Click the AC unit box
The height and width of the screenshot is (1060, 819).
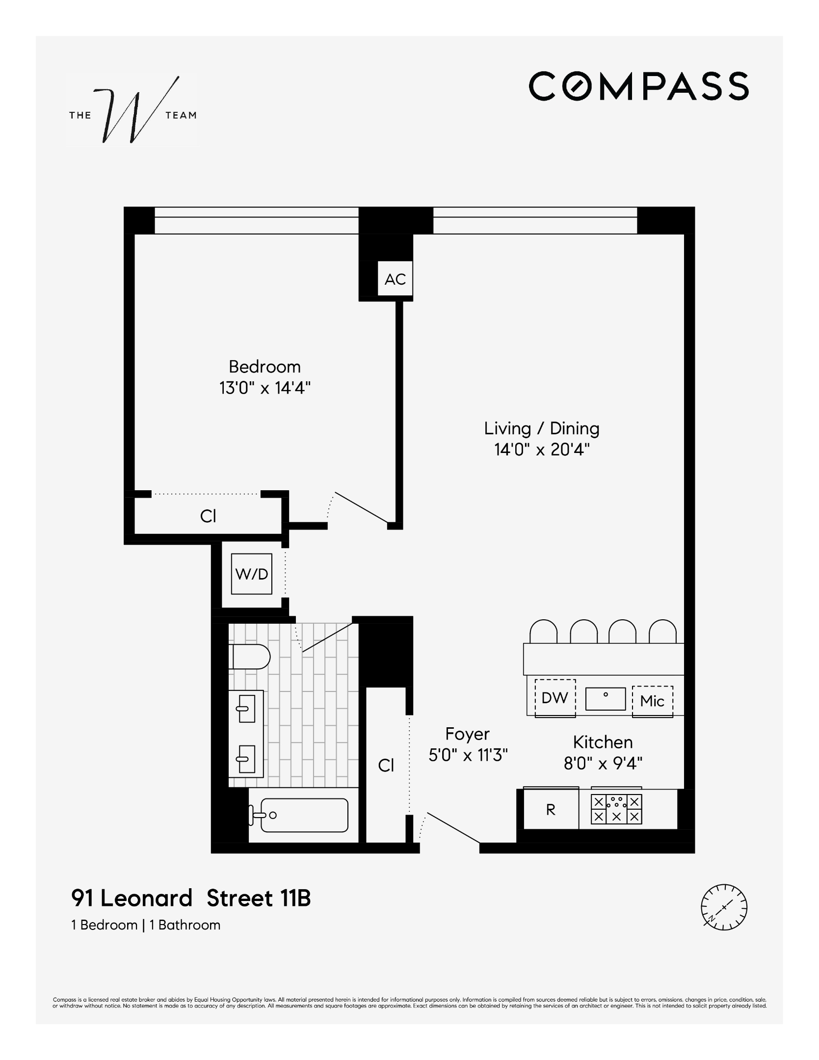click(x=395, y=279)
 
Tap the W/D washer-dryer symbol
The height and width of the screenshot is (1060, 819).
click(x=252, y=574)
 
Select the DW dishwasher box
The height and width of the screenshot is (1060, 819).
click(x=555, y=698)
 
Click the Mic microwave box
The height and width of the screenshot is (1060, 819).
click(x=652, y=701)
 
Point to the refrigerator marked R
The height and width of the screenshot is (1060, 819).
click(x=551, y=810)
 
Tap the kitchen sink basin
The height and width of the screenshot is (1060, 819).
click(x=606, y=698)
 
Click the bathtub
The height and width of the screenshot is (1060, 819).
click(x=304, y=815)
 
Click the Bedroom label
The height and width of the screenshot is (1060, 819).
click(x=264, y=367)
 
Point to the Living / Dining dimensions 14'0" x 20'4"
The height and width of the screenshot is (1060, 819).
click(x=542, y=450)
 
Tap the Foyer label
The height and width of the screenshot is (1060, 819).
click(x=467, y=734)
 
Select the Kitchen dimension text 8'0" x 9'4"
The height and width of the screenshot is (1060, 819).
click(x=603, y=764)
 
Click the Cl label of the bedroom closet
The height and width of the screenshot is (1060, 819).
click(x=208, y=516)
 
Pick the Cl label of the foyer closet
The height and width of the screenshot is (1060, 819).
click(x=386, y=765)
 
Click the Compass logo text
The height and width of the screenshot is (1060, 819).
click(x=638, y=86)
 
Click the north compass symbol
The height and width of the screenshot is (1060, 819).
click(x=724, y=907)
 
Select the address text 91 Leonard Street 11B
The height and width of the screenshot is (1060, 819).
click(x=191, y=899)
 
